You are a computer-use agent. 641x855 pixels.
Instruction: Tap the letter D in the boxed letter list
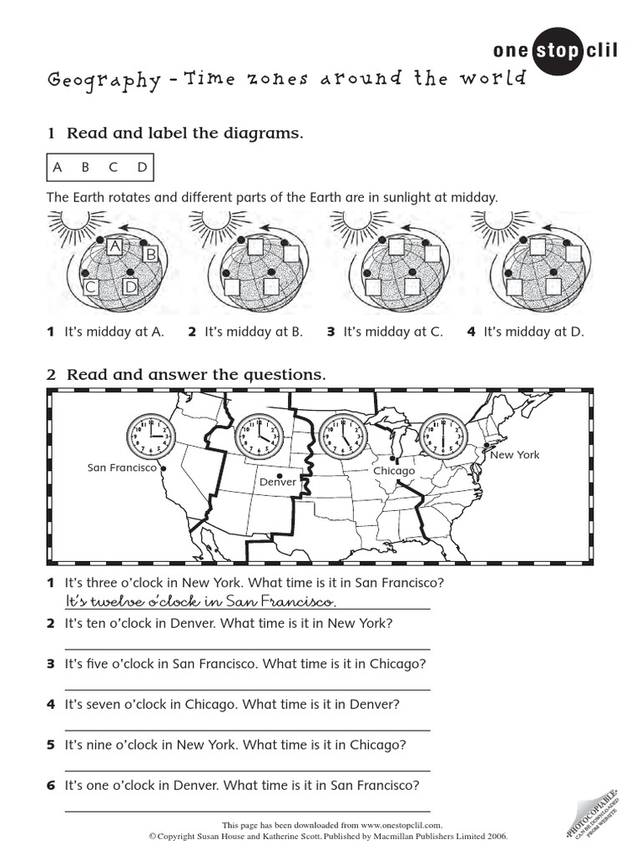(x=142, y=167)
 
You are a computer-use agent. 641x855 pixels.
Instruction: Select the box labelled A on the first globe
(x=114, y=245)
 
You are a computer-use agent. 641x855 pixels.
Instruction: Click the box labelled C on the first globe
(x=90, y=287)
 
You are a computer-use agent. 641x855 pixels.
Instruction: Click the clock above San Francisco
(x=150, y=436)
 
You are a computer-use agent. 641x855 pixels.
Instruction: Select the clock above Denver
(x=259, y=436)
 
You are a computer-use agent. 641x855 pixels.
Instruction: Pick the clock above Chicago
(x=343, y=436)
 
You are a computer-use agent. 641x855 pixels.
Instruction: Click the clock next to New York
(x=442, y=436)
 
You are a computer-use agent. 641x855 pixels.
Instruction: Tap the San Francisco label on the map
(x=122, y=468)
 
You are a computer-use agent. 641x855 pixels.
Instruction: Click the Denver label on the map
(x=278, y=482)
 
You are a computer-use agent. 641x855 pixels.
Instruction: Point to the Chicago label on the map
(x=394, y=471)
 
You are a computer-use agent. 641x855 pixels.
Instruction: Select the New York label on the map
(x=514, y=455)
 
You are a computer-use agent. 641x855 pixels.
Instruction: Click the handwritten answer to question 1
(x=200, y=602)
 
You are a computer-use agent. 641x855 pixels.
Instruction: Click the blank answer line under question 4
(x=247, y=730)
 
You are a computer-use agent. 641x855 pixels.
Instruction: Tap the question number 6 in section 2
(x=51, y=785)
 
